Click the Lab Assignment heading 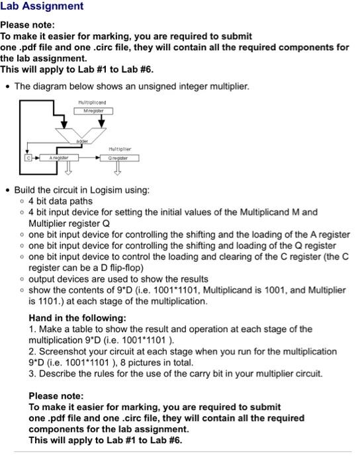[42, 7]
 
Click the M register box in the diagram [93, 110]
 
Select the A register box [58, 158]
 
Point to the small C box [28, 158]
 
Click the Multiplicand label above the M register [92, 103]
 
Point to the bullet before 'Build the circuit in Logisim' [8, 190]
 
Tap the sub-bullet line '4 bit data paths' [60, 201]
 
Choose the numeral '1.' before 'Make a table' [32, 329]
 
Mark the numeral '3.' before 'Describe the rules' [32, 373]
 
